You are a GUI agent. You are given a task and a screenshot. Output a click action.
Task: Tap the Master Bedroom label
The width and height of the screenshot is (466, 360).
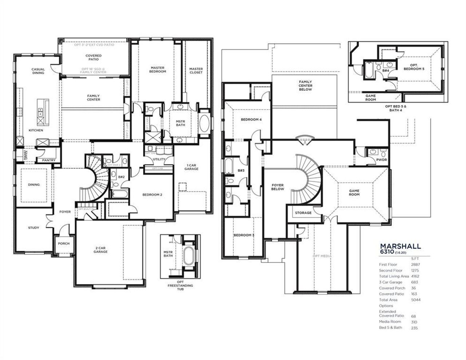(158, 70)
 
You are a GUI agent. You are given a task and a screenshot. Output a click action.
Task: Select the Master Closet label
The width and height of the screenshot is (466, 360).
(196, 71)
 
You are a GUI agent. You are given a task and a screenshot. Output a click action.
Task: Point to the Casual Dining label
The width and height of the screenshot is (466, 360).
(38, 71)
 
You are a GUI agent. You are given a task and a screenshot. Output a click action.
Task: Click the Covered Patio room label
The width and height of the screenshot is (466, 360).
(94, 58)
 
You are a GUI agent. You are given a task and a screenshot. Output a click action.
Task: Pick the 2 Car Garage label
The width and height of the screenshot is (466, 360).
(100, 250)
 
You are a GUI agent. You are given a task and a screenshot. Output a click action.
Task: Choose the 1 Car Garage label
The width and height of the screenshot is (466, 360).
(191, 167)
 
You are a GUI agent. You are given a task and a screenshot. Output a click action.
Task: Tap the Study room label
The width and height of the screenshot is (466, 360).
(33, 228)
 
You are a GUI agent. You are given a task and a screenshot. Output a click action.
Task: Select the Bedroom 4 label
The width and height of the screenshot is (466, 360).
(251, 119)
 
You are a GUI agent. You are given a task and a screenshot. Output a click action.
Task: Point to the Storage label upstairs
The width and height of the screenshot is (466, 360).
(303, 213)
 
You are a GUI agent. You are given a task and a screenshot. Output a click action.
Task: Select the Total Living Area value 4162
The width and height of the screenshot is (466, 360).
(415, 276)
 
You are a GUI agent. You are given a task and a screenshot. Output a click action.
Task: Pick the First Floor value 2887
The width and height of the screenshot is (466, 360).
(415, 265)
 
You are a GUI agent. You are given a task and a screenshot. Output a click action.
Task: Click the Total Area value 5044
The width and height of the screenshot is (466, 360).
(415, 300)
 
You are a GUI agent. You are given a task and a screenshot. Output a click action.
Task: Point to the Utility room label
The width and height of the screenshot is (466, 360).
(159, 159)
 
